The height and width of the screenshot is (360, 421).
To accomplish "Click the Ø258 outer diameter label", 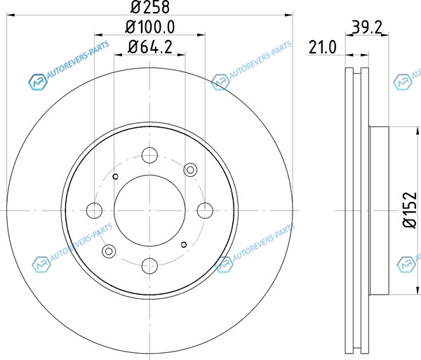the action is [x=150, y=6].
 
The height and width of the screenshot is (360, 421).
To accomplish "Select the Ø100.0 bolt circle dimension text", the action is [x=150, y=27].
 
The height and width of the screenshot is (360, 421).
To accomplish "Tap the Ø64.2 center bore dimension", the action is [x=150, y=47].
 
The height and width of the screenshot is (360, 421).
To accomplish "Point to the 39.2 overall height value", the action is [x=366, y=27].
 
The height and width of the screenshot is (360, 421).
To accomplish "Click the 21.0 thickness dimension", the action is [x=322, y=47].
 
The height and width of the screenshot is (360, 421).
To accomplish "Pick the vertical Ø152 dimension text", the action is [x=410, y=210].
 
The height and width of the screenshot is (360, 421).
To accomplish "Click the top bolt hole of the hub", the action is [x=149, y=155].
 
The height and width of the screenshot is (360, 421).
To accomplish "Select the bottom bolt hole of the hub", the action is [x=149, y=265].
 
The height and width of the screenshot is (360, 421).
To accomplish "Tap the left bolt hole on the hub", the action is [x=95, y=211].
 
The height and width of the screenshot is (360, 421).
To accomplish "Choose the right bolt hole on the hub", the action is [x=205, y=211].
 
